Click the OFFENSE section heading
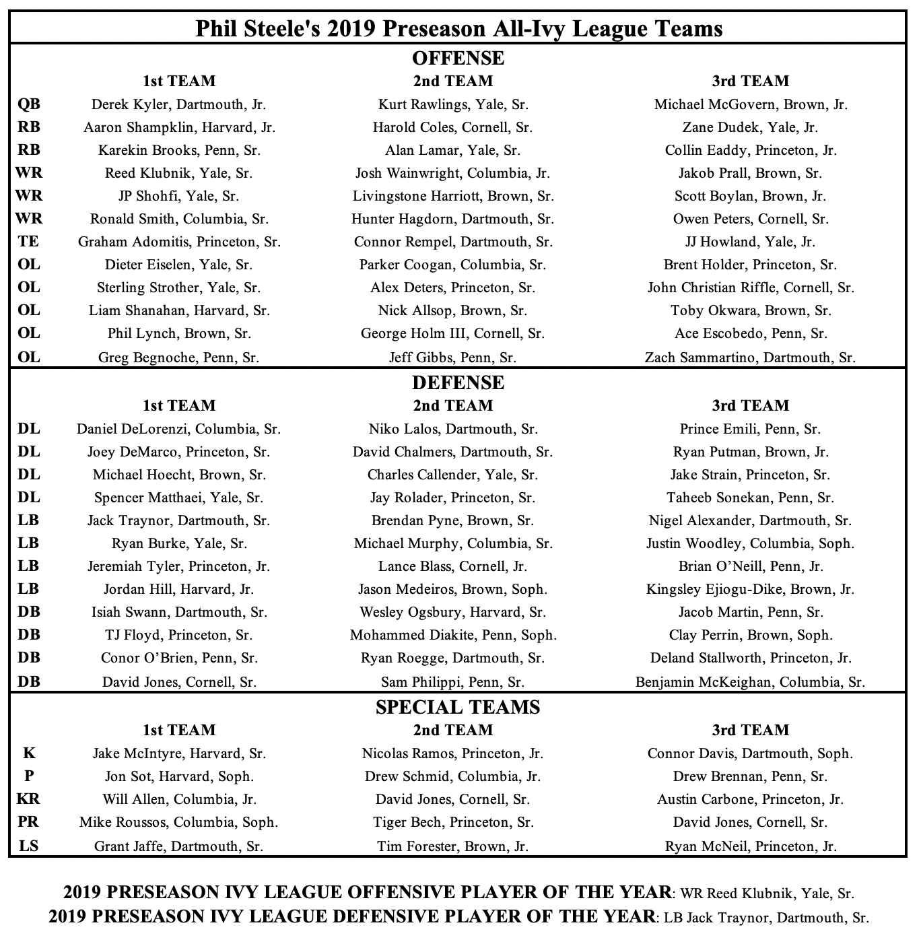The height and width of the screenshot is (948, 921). click(458, 59)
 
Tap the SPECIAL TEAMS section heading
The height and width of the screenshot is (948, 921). click(458, 708)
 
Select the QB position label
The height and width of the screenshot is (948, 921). click(29, 104)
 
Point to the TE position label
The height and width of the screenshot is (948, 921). click(29, 242)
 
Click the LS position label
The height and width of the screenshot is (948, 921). click(29, 846)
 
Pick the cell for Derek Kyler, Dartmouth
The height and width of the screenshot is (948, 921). click(179, 104)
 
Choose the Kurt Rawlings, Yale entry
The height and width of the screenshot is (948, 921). click(453, 104)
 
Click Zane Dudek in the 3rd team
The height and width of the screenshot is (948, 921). click(750, 127)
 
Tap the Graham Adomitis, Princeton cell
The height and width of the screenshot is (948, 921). click(179, 242)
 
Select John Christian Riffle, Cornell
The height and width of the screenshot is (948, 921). click(750, 287)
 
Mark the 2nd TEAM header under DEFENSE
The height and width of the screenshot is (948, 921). click(453, 406)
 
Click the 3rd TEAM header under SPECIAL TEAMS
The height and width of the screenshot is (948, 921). click(750, 731)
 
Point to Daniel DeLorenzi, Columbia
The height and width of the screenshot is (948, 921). click(179, 429)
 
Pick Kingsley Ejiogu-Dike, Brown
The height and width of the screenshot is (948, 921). click(750, 589)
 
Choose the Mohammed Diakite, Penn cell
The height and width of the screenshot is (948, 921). click(453, 635)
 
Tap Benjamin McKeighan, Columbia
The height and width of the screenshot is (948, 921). click(750, 682)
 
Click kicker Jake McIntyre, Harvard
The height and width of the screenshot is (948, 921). click(179, 753)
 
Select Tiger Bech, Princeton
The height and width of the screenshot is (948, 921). click(453, 822)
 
